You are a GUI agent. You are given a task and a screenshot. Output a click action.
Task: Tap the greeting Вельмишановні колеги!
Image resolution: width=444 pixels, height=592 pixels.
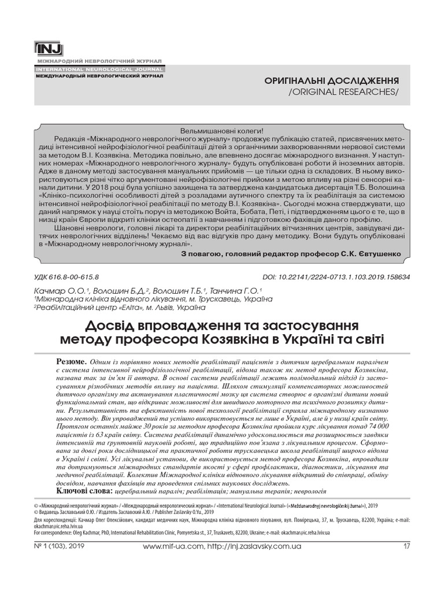point(222,131)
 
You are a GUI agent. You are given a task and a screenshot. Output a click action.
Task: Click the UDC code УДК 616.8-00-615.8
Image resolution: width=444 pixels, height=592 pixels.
point(67,277)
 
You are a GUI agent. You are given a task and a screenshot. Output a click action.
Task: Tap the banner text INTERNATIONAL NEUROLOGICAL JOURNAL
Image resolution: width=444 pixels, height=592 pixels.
point(99,69)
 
